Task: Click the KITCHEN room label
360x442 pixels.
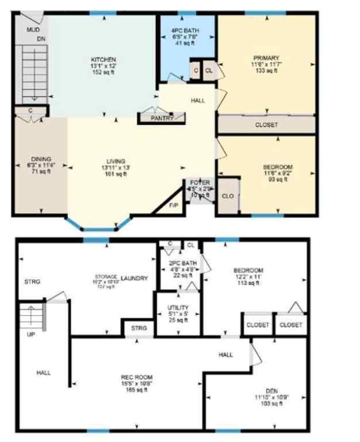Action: (104, 59)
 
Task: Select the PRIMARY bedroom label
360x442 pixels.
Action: (266, 58)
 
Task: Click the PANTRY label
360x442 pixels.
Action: (162, 118)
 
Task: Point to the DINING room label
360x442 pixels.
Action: (41, 159)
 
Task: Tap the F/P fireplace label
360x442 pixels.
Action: (173, 205)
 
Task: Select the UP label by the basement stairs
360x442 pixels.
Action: (31, 333)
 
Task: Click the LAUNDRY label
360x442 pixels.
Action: (135, 279)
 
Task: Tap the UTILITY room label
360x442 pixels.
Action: (178, 308)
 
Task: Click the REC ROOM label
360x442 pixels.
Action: (137, 378)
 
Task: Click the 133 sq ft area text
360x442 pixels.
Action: (266, 71)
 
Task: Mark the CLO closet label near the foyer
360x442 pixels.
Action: (228, 196)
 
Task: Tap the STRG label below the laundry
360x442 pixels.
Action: (139, 328)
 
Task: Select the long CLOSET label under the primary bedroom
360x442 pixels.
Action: (266, 125)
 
